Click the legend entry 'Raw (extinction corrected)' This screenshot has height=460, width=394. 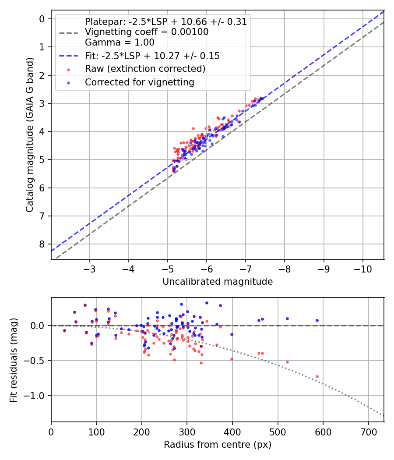tap(145, 69)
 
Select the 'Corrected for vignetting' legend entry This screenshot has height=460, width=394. tap(140, 82)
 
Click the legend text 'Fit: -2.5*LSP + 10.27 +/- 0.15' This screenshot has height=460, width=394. tap(152, 56)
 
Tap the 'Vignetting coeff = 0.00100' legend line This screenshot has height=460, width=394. tap(146, 32)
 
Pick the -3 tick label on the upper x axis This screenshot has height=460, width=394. tap(89, 268)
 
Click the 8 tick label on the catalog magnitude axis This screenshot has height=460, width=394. tap(42, 244)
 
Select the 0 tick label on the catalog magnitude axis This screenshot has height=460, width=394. tap(42, 19)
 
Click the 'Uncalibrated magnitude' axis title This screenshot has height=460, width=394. tap(218, 282)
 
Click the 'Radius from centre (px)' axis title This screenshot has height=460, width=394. tap(218, 445)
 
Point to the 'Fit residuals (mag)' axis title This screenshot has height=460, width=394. tap(14, 360)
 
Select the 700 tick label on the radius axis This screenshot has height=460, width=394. tap(368, 431)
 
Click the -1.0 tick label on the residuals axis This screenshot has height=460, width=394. tap(37, 396)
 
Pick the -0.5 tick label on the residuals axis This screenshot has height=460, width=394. tap(37, 361)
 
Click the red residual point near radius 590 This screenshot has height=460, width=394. tap(317, 376)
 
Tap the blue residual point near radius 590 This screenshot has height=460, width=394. tap(317, 320)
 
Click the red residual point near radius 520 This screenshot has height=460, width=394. tap(287, 362)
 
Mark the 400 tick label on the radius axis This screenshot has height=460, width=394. tap(232, 431)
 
